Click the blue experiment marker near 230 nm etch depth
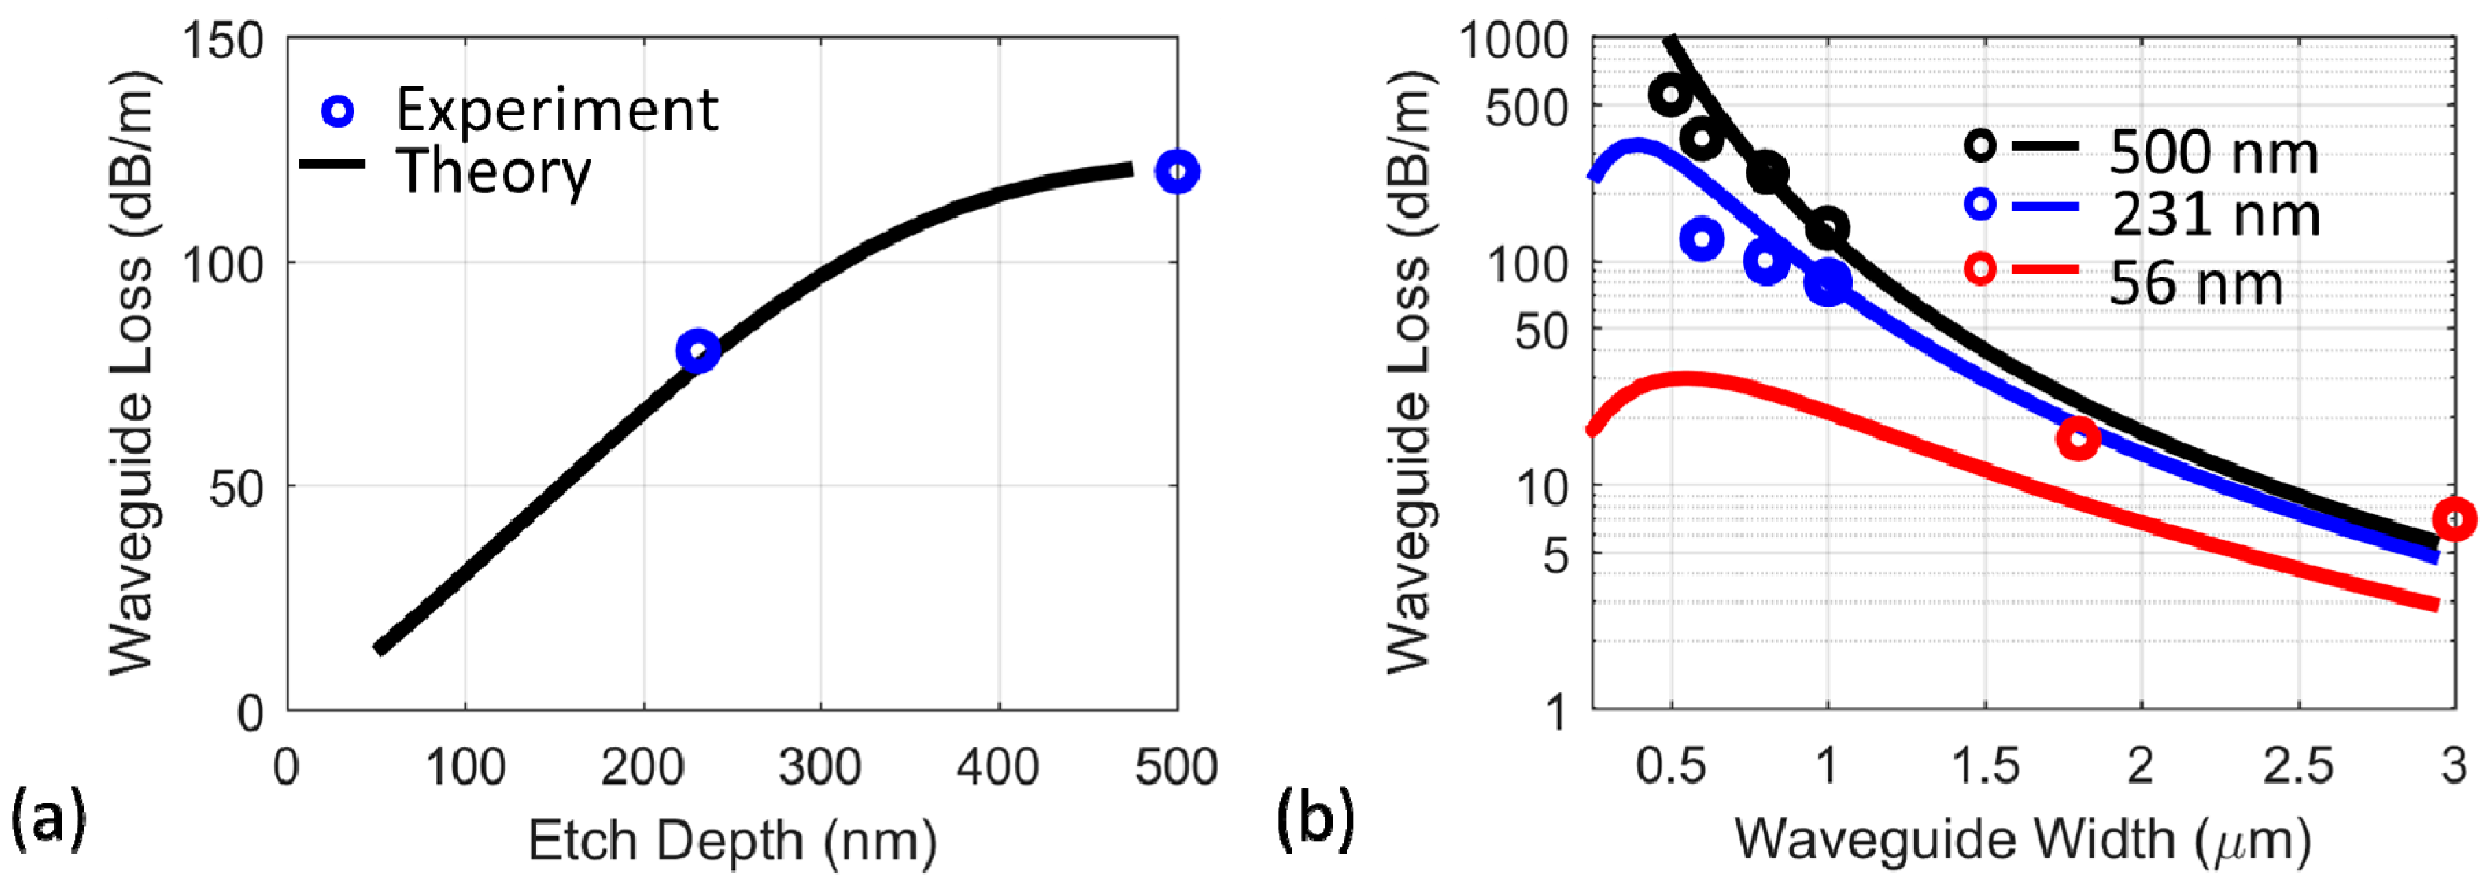click(x=698, y=350)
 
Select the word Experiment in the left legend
click(x=557, y=110)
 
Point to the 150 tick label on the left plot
click(x=224, y=42)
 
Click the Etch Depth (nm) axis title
click(x=733, y=840)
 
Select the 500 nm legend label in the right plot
click(x=2214, y=153)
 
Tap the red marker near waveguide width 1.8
click(x=2077, y=438)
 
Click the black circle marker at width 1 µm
click(x=1827, y=228)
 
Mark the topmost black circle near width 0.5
click(x=1670, y=95)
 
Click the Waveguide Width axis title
click(x=2022, y=840)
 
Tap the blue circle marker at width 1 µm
click(x=1827, y=281)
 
